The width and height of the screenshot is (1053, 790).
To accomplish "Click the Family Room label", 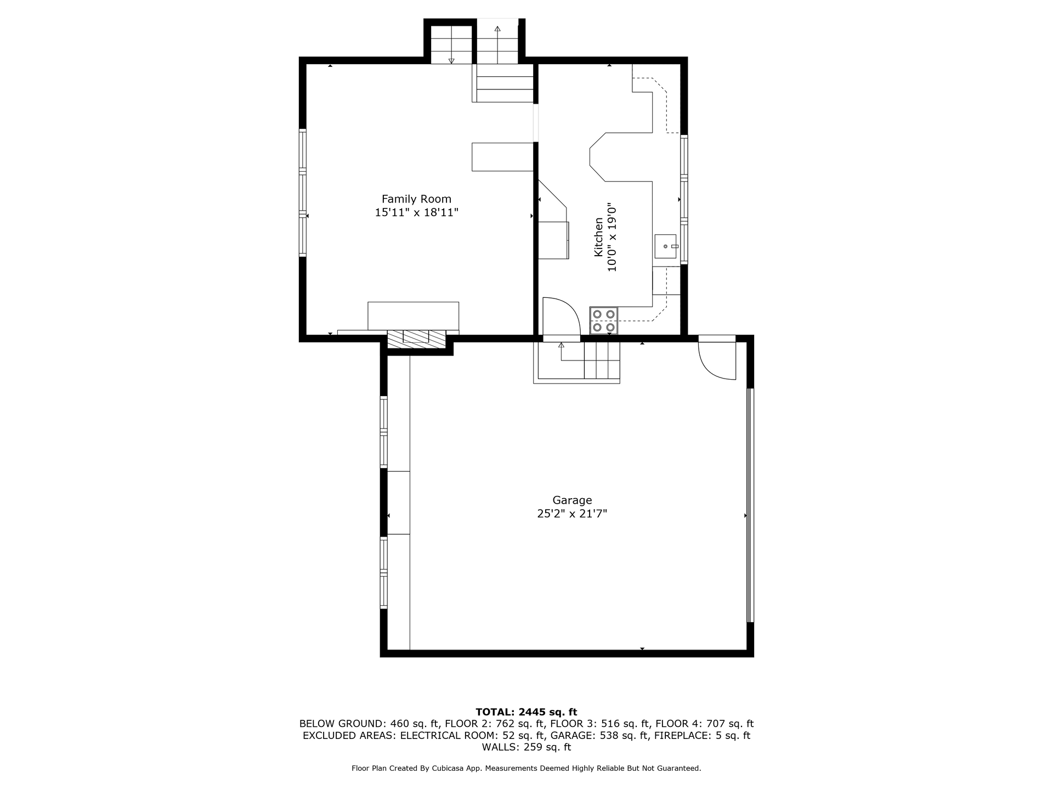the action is click(x=416, y=199).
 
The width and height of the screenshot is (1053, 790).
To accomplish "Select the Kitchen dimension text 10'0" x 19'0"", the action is click(x=612, y=237).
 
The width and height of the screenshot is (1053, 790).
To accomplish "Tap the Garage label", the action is click(x=572, y=500).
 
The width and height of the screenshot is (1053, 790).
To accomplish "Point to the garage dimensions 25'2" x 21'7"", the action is click(x=572, y=514).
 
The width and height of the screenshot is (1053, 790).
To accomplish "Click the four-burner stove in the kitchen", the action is click(x=603, y=321).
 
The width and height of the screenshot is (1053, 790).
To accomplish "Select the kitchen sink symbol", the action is click(x=666, y=246).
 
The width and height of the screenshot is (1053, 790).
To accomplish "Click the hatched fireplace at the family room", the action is click(x=416, y=339).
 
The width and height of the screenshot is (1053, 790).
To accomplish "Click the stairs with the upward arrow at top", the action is click(x=497, y=41).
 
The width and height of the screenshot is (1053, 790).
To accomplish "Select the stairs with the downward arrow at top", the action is click(x=451, y=44).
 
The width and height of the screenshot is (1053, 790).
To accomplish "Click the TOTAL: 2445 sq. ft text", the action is click(x=526, y=712).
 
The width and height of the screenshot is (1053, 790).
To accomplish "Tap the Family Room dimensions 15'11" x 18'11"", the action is click(x=416, y=212).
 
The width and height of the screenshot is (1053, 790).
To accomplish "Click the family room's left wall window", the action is click(x=302, y=192).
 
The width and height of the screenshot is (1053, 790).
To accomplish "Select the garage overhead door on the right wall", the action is click(x=750, y=505).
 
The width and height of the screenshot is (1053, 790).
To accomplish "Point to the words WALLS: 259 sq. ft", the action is click(x=526, y=747).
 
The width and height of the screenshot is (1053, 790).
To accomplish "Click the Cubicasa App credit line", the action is click(x=526, y=769).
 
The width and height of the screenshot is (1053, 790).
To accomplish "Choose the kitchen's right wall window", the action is click(x=684, y=200).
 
